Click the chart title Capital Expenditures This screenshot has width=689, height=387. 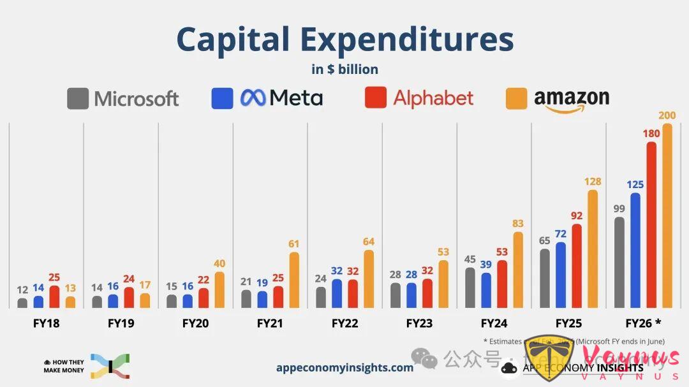click(x=344, y=40)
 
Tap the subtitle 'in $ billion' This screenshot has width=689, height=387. click(x=344, y=69)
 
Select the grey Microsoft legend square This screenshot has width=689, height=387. click(x=78, y=98)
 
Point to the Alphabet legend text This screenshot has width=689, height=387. click(x=433, y=98)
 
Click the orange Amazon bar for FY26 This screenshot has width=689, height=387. click(x=667, y=217)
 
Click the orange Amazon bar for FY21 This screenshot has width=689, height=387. click(x=294, y=281)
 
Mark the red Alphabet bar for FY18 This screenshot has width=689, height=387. click(x=54, y=297)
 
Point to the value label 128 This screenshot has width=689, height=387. click(x=593, y=182)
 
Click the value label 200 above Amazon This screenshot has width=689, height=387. click(x=667, y=115)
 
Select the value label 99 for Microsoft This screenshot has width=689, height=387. click(x=619, y=208)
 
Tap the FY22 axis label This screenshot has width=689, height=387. click(x=344, y=323)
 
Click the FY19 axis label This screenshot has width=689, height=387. click(x=121, y=323)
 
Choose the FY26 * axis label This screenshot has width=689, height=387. click(x=643, y=323)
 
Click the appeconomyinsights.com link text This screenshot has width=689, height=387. click(x=344, y=367)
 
